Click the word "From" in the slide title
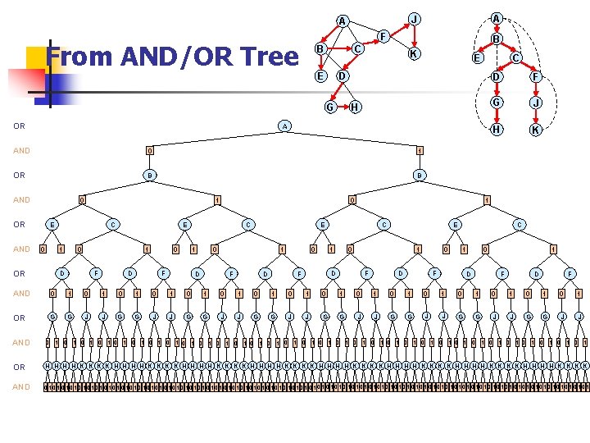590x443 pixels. pyautogui.click(x=79, y=57)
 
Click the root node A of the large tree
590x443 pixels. pyautogui.click(x=284, y=126)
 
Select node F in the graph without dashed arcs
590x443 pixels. pyautogui.click(x=382, y=35)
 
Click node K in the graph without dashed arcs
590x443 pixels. pyautogui.click(x=415, y=54)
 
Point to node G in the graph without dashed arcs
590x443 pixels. pyautogui.click(x=329, y=107)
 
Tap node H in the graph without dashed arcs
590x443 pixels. pyautogui.click(x=355, y=107)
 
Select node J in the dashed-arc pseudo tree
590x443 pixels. pyautogui.click(x=534, y=103)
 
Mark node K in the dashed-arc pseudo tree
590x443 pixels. pyautogui.click(x=534, y=130)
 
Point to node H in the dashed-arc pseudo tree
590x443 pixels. pyautogui.click(x=495, y=130)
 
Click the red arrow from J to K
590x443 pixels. pyautogui.click(x=415, y=36)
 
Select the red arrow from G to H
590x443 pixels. pyautogui.click(x=342, y=107)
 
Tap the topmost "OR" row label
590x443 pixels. pyautogui.click(x=19, y=126)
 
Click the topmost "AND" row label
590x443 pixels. pyautogui.click(x=20, y=151)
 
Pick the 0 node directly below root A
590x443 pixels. pyautogui.click(x=148, y=150)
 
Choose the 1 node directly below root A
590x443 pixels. pyautogui.click(x=419, y=150)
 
